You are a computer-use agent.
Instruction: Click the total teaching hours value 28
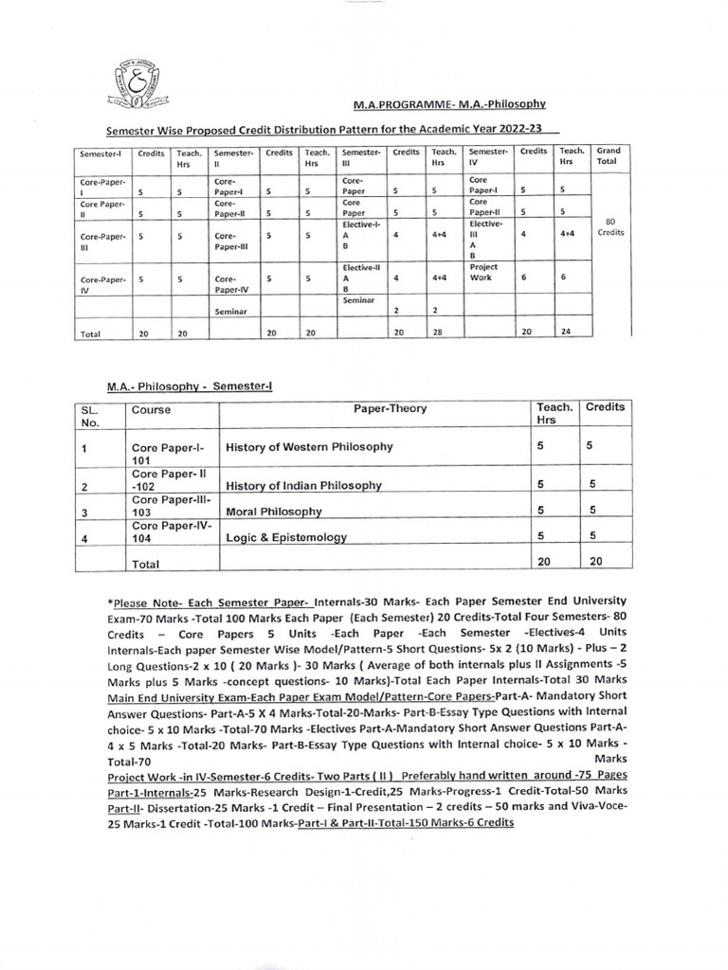click(x=441, y=332)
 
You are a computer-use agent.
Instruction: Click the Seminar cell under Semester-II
click(x=231, y=310)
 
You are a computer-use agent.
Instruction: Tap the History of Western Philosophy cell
click(x=307, y=446)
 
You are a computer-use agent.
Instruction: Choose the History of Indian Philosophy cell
click(x=303, y=485)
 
